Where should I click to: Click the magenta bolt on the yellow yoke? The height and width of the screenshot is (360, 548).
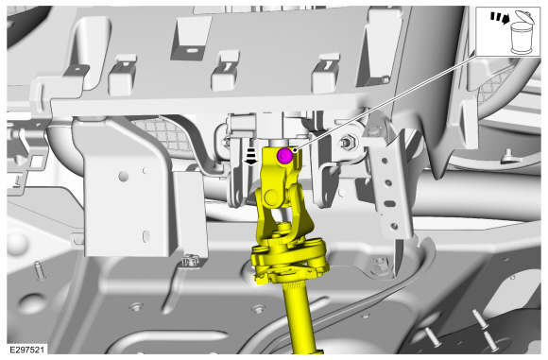(284, 156)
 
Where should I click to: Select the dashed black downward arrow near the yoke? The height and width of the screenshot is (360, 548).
(251, 156)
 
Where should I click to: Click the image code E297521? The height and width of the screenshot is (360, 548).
(26, 350)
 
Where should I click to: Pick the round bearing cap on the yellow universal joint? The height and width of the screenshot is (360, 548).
(272, 197)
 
